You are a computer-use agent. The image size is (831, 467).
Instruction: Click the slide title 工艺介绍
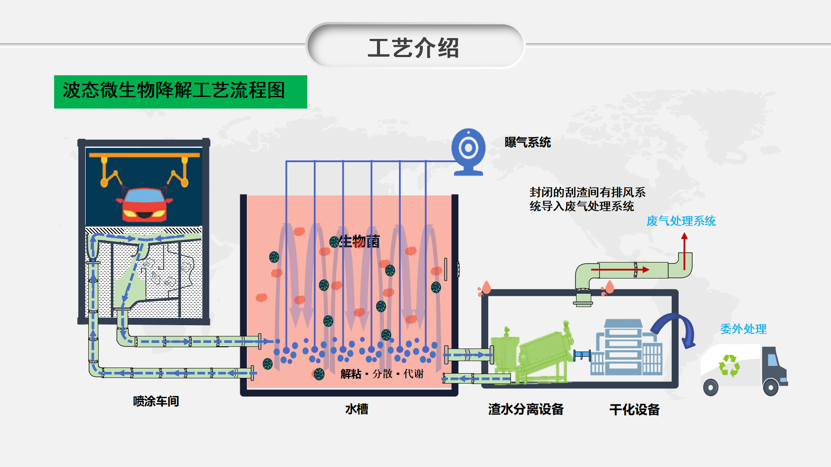click(413, 48)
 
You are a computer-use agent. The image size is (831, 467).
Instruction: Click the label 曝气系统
click(528, 142)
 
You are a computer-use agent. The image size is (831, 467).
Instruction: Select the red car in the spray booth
click(144, 205)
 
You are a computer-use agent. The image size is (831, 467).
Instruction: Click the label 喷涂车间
click(156, 401)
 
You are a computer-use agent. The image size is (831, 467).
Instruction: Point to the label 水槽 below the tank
click(357, 409)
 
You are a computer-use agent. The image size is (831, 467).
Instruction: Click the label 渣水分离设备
click(526, 409)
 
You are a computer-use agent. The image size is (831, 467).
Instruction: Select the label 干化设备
click(635, 409)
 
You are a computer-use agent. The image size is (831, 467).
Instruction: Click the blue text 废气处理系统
click(681, 221)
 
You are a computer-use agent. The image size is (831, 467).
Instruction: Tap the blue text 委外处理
click(743, 329)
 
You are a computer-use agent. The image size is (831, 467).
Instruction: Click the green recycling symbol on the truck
click(729, 365)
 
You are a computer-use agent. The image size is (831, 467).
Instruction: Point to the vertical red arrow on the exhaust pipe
click(684, 251)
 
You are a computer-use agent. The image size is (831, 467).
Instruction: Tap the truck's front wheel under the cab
click(770, 387)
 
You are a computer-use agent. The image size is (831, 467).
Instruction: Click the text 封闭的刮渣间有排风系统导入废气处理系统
click(587, 199)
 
